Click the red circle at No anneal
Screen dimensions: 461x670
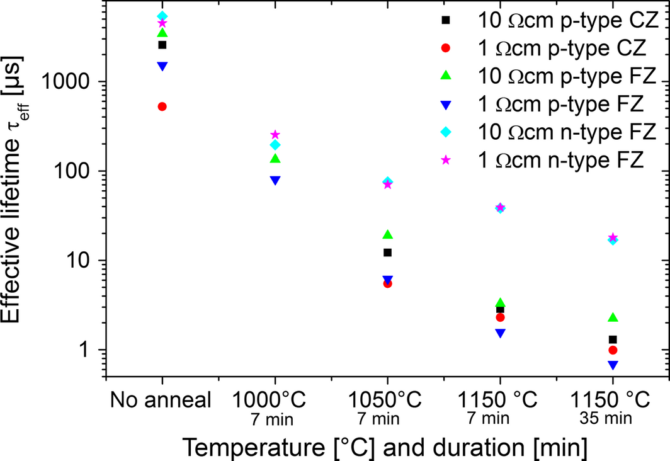(162, 107)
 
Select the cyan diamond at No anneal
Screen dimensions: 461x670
(162, 16)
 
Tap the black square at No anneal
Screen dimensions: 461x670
(162, 45)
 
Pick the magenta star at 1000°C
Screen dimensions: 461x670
(275, 135)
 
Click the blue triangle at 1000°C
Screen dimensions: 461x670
(275, 180)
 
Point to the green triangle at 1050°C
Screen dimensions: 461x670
(388, 235)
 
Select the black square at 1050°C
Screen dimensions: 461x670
(388, 253)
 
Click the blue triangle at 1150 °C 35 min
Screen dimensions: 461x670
(613, 365)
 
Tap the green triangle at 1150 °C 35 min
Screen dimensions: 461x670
(613, 318)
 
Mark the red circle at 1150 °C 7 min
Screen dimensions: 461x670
(500, 317)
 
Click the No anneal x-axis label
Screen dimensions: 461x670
(162, 400)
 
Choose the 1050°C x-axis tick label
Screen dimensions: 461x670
(387, 400)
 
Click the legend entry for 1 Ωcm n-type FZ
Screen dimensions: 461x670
(560, 159)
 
